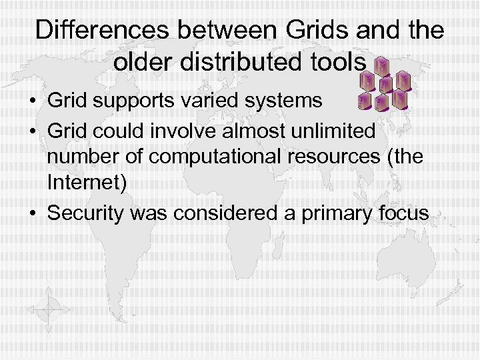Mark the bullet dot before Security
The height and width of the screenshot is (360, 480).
[x=33, y=214]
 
